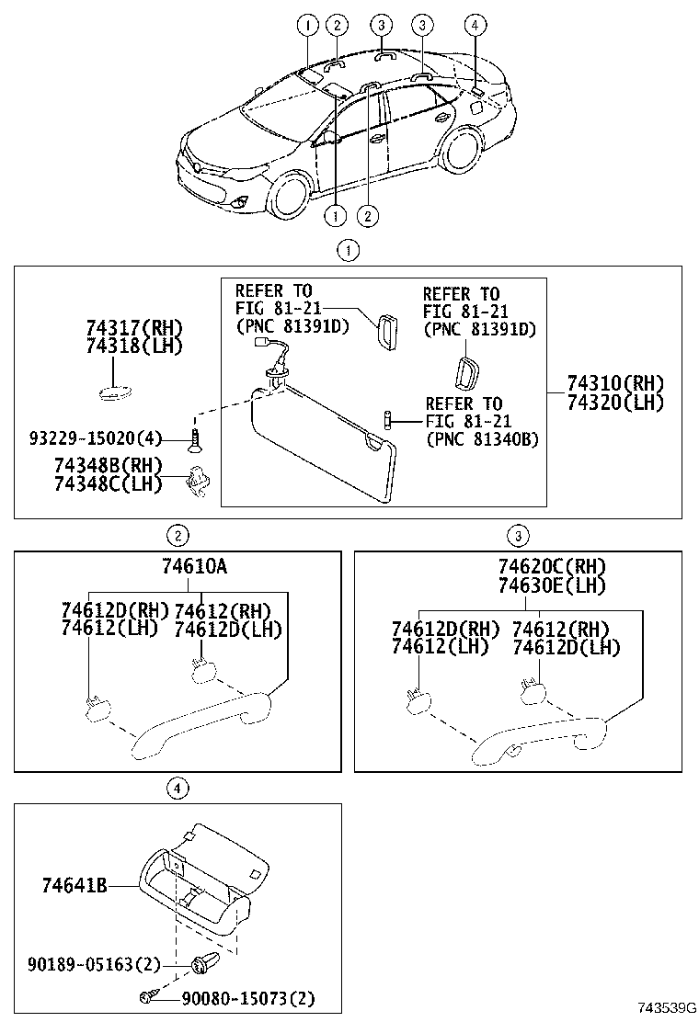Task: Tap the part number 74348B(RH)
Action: pyautogui.click(x=107, y=466)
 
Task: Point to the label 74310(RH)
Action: pyautogui.click(x=614, y=383)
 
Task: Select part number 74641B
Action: pyautogui.click(x=74, y=886)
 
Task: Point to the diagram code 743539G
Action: pyautogui.click(x=664, y=1008)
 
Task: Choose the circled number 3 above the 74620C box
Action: pyautogui.click(x=518, y=536)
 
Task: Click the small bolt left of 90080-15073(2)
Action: pyautogui.click(x=146, y=997)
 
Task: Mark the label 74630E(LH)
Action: pyautogui.click(x=552, y=586)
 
